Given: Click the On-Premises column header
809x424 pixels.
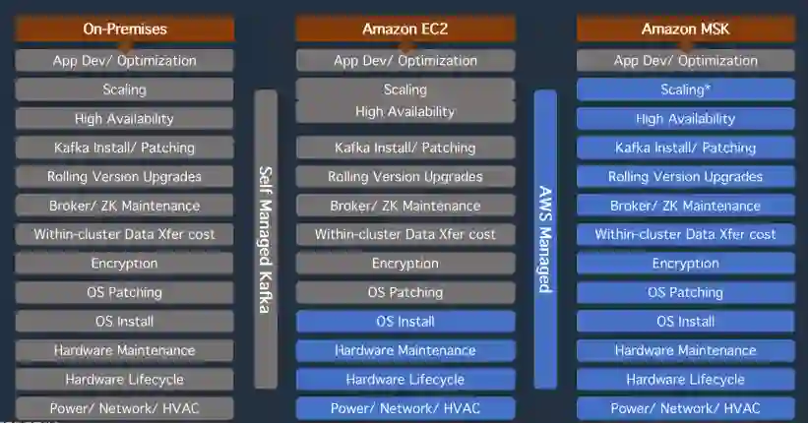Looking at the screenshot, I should (124, 29).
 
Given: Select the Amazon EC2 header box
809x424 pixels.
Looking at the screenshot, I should (404, 29).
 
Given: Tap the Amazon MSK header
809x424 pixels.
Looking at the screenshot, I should (685, 29).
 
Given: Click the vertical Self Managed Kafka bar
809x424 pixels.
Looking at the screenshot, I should (265, 239).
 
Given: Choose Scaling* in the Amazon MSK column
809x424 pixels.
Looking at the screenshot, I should (685, 90).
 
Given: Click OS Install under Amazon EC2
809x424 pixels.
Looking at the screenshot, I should (404, 322).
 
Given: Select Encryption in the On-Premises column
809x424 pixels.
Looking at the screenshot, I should (124, 264).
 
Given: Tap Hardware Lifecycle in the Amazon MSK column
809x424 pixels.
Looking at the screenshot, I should (685, 380).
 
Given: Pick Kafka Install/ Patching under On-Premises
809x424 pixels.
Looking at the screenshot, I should (124, 148).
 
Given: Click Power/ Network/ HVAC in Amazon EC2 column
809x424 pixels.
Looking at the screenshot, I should (404, 408).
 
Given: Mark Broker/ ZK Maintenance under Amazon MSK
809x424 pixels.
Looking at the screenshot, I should (685, 206).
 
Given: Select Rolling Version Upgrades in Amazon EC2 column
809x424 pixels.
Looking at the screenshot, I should (404, 177).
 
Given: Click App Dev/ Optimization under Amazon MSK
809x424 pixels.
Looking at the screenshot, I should (685, 61).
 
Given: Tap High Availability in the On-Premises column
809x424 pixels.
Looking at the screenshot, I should (124, 119).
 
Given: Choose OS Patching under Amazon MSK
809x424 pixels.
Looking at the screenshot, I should (685, 292).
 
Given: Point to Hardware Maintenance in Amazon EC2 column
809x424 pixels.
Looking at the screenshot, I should (404, 350).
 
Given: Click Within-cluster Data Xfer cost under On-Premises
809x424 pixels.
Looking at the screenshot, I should (124, 234).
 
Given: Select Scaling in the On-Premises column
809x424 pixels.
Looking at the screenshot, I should (124, 90).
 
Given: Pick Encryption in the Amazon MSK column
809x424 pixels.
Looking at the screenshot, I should (685, 264).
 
